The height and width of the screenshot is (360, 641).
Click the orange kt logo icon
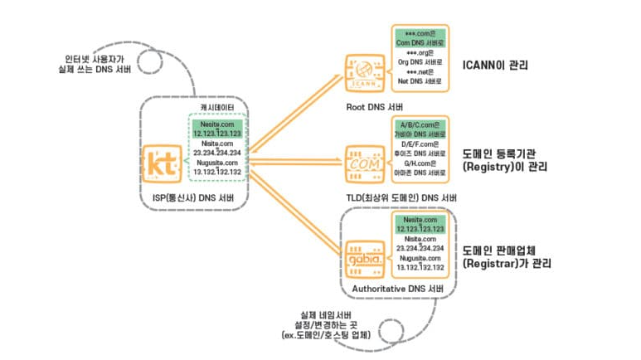pos(161,163)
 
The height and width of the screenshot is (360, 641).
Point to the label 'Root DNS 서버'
pos(371,107)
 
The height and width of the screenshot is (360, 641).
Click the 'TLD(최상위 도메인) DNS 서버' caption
pos(401,197)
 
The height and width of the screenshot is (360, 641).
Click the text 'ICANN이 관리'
pos(495,64)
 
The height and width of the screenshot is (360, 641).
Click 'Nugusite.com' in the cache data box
pos(217,163)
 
